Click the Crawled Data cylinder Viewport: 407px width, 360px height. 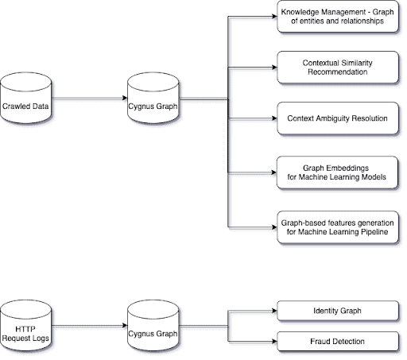coord(25,98)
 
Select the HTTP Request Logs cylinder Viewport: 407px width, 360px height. coord(25,326)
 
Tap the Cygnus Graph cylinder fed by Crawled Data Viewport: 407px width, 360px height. coord(153,98)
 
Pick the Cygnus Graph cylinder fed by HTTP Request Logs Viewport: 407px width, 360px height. coord(153,326)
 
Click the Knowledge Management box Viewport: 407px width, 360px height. coord(338,17)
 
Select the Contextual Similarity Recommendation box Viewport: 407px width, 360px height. coord(338,68)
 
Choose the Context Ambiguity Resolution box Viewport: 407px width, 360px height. coord(338,118)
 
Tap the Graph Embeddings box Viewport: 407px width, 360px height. coord(337,172)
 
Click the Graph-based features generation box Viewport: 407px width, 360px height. coord(338,227)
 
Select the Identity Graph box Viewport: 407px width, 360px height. coord(338,311)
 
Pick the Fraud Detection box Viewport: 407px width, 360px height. coord(338,342)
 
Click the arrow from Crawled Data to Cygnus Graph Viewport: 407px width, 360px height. coord(89,98)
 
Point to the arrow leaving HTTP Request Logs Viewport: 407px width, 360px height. coord(89,326)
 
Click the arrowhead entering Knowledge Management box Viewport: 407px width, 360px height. coord(274,17)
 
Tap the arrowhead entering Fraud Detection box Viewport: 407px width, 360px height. coord(274,342)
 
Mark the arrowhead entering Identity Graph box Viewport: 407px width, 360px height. coord(274,311)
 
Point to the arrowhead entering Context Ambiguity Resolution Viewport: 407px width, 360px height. coord(274,118)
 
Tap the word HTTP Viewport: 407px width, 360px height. coord(25,329)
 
